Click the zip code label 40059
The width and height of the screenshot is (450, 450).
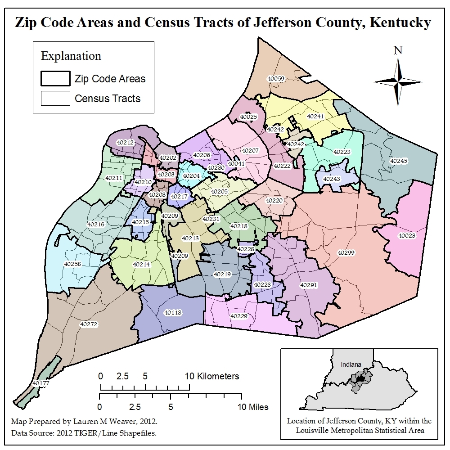point(276,78)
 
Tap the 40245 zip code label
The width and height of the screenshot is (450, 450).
point(398,161)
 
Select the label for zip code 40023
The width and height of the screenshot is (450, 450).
point(406,235)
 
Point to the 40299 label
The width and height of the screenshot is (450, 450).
point(346,253)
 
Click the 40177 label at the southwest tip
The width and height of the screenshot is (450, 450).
point(41,383)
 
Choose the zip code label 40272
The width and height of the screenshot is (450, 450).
point(88,324)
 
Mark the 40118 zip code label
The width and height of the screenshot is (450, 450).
point(173,312)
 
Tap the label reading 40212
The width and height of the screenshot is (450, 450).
point(125,142)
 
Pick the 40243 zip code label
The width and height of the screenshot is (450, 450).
point(332,179)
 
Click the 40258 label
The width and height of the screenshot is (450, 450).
point(72,264)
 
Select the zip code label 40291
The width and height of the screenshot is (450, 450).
point(309,285)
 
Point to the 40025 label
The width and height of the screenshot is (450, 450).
point(248,117)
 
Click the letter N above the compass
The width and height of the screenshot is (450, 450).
point(398,50)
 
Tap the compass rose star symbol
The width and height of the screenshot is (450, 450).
point(398,81)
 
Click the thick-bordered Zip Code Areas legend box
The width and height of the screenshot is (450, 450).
point(55,79)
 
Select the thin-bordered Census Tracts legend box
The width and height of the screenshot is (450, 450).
point(55,98)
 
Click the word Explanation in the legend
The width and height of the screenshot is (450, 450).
point(71,56)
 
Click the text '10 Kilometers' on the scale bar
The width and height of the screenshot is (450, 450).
point(211,376)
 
